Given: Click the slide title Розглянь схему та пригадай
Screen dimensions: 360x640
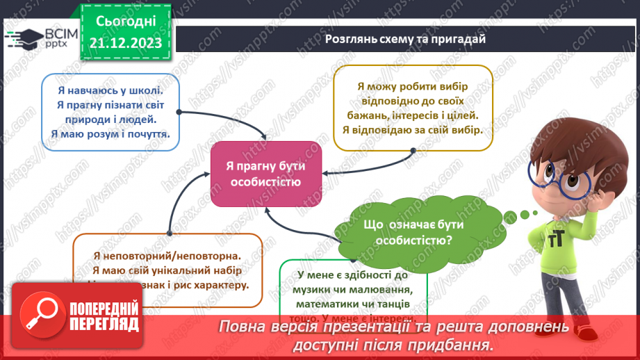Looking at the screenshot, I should click(405, 39).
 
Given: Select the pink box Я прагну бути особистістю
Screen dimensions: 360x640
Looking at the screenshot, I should click(266, 174).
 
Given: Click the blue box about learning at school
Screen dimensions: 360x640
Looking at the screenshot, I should click(110, 112).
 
